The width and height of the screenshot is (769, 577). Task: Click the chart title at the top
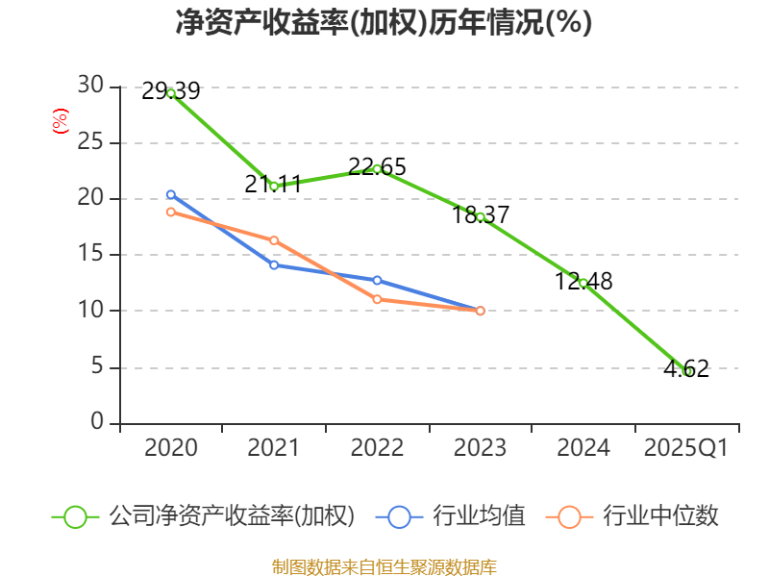click(384, 22)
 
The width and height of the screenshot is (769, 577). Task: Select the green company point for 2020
click(171, 93)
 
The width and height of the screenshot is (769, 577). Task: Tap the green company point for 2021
click(274, 186)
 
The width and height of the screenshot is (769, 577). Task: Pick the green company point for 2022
click(377, 169)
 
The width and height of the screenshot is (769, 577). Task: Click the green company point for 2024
click(583, 283)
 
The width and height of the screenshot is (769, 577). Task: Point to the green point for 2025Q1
click(686, 371)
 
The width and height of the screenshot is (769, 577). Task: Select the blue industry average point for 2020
click(171, 195)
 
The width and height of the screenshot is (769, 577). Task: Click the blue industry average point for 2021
click(274, 264)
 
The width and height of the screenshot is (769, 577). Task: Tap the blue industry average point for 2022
click(377, 281)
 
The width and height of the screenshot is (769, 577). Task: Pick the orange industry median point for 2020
click(171, 212)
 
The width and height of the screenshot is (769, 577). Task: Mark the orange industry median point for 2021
click(274, 240)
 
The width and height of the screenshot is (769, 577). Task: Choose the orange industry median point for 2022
click(377, 299)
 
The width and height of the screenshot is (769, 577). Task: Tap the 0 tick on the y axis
click(96, 423)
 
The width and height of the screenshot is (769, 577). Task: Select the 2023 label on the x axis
click(480, 448)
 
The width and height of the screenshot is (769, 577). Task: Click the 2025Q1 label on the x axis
click(686, 448)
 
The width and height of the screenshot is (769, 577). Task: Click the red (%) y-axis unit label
click(60, 121)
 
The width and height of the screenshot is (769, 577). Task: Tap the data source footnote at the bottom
click(384, 566)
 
